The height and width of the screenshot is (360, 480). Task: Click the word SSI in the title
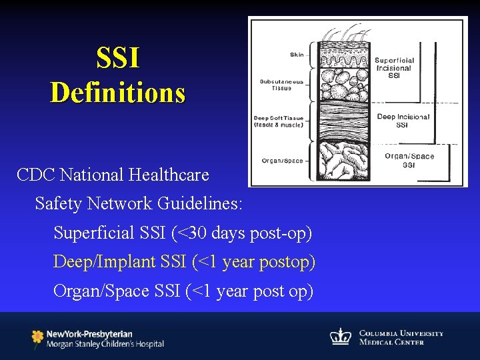(x=118, y=58)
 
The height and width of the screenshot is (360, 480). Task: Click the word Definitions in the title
(x=118, y=92)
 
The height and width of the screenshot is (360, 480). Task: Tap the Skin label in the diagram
(x=297, y=54)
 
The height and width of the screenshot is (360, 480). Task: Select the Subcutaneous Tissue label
(x=282, y=85)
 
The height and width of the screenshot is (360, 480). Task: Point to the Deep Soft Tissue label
(x=279, y=121)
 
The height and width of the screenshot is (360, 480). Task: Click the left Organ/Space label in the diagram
(x=283, y=160)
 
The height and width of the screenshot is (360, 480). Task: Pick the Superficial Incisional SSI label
(x=394, y=68)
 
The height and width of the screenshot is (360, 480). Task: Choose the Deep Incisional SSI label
(x=403, y=121)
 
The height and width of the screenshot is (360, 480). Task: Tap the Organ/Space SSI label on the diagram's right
(x=409, y=160)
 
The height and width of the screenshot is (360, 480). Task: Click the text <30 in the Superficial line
(x=191, y=233)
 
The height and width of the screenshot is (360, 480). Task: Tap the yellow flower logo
(x=37, y=338)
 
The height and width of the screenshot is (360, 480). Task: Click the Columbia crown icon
(x=341, y=337)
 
